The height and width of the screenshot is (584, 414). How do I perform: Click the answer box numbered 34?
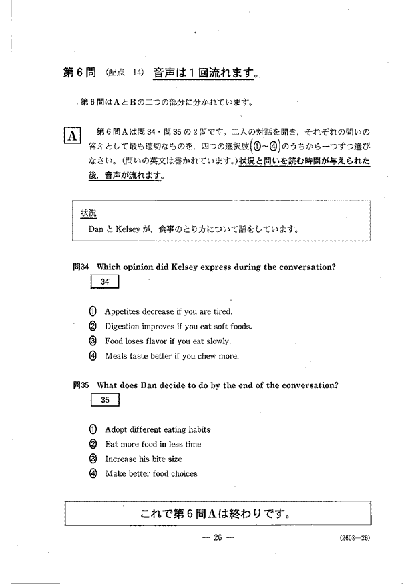click(104, 282)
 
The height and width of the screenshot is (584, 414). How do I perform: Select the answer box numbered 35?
click(104, 400)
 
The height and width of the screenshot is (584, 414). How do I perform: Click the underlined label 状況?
click(89, 213)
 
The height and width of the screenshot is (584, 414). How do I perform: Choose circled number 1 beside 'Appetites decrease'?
click(93, 311)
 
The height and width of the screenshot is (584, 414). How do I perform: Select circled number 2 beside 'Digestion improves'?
click(93, 326)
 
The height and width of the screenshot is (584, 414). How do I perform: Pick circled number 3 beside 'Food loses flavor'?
click(93, 341)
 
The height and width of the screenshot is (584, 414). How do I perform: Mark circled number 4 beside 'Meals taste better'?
click(93, 355)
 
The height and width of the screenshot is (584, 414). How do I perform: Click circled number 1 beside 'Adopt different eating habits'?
click(93, 429)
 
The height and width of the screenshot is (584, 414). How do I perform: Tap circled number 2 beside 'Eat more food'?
click(93, 444)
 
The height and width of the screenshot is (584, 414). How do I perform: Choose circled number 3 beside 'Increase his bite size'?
click(93, 459)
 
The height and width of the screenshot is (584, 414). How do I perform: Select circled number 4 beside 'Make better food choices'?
click(93, 473)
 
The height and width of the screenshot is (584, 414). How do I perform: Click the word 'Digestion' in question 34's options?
click(123, 327)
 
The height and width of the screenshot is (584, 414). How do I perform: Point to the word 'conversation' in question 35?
click(310, 385)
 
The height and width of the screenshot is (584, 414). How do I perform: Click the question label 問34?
click(81, 267)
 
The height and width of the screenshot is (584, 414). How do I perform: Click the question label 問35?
click(81, 385)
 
